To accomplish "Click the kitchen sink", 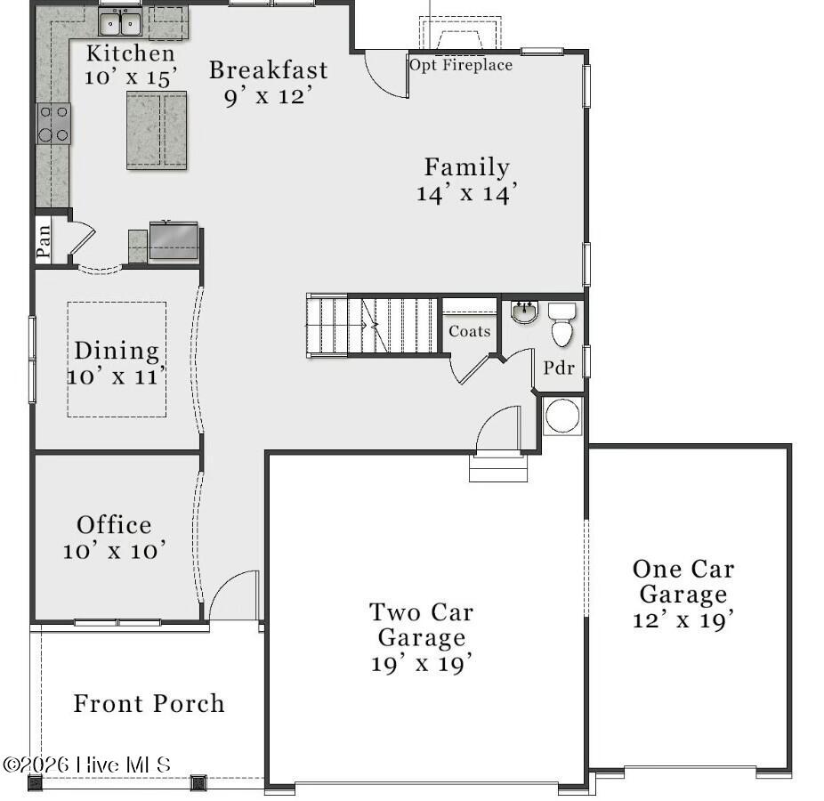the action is pyautogui.click(x=120, y=22).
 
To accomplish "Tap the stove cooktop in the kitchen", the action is pyautogui.click(x=53, y=124).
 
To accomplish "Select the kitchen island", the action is pyautogui.click(x=157, y=130).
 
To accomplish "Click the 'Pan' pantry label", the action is pyautogui.click(x=44, y=241).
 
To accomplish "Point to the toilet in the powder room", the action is pyautogui.click(x=561, y=325).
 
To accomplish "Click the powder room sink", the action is pyautogui.click(x=524, y=311).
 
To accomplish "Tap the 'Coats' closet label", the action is pyautogui.click(x=469, y=331).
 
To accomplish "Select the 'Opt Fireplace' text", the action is pyautogui.click(x=461, y=65).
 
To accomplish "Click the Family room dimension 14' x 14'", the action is pyautogui.click(x=467, y=193).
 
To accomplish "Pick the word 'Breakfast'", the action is pyautogui.click(x=269, y=70).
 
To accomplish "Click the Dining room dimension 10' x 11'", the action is pyautogui.click(x=117, y=376).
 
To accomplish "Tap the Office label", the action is pyautogui.click(x=114, y=524).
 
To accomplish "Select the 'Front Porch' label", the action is pyautogui.click(x=149, y=703).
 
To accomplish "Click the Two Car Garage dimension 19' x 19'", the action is pyautogui.click(x=422, y=663).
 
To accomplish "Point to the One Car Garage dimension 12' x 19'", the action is pyautogui.click(x=683, y=620).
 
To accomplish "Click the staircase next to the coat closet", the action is pyautogui.click(x=372, y=326).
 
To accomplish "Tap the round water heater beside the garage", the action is pyautogui.click(x=562, y=416).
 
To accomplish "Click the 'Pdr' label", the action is pyautogui.click(x=559, y=368).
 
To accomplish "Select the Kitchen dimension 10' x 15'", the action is pyautogui.click(x=131, y=77).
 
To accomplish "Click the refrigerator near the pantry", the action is pyautogui.click(x=174, y=240).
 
